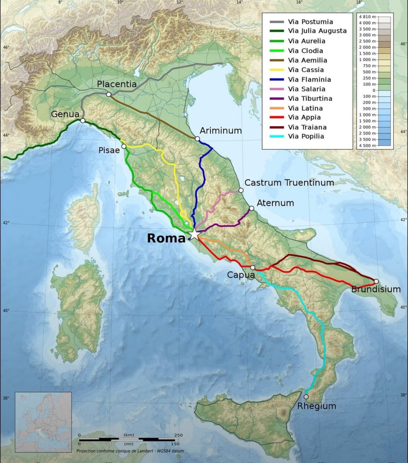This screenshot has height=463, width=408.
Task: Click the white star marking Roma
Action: point(194,235)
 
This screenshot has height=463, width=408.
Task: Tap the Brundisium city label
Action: point(376,289)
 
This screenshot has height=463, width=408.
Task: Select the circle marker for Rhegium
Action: point(306,397)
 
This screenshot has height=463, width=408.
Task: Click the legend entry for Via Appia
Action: point(304,117)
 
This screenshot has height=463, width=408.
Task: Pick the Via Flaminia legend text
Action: point(309,79)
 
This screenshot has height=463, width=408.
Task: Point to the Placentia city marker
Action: point(109,94)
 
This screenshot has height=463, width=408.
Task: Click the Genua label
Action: point(65,114)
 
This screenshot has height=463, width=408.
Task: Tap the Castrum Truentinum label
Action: point(289,182)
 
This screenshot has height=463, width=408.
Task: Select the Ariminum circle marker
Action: point(197,139)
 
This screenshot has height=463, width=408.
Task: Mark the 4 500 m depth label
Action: point(374,145)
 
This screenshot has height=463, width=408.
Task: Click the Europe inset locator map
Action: point(43,417)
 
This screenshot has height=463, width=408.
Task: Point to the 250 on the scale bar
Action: point(178,435)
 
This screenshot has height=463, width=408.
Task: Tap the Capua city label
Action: point(241,275)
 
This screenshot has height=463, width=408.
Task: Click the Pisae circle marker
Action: point(124,146)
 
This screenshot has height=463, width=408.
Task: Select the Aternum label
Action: point(275,203)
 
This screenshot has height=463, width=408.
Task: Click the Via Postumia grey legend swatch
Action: point(276,22)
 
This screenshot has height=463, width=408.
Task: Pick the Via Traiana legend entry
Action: point(307,127)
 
